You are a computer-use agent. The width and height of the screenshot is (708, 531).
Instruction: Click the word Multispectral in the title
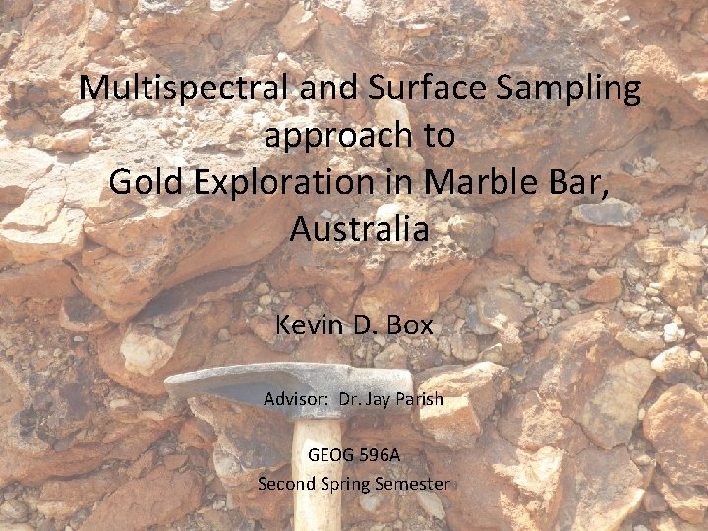pos(181,89)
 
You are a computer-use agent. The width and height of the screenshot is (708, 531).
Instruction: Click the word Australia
pos(359,230)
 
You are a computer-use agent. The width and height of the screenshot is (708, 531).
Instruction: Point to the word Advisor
pos(296,400)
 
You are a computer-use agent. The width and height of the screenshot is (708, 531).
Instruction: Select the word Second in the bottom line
pos(284,484)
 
